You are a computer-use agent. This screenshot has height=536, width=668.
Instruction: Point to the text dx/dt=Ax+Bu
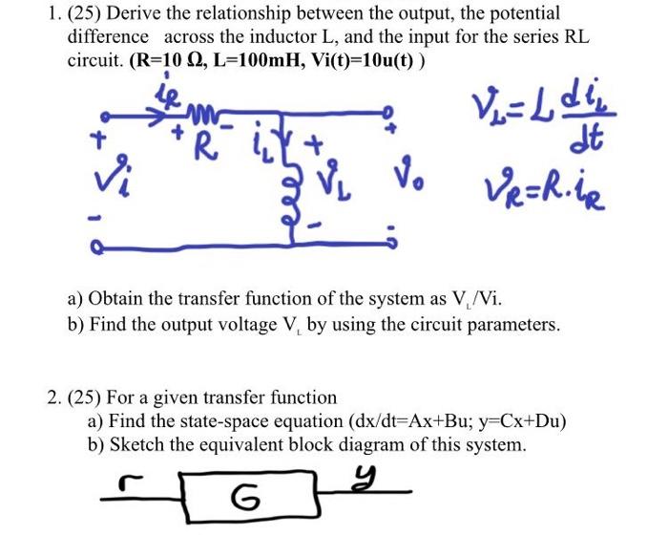coord(416,420)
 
